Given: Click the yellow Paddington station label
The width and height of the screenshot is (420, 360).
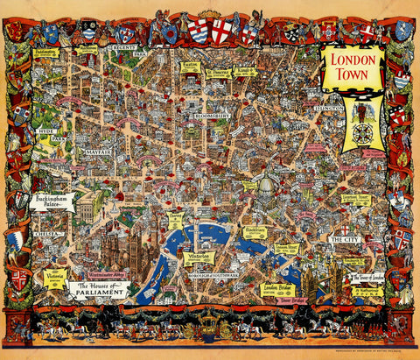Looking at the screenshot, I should [x=46, y=53].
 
